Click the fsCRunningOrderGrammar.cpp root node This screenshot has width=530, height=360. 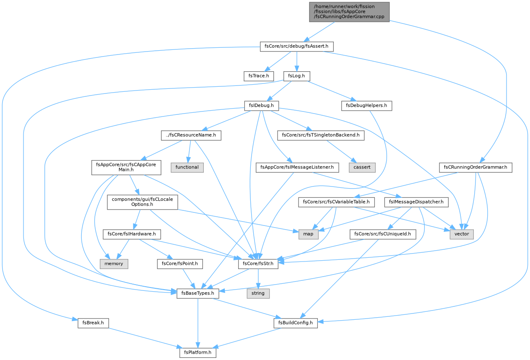[349, 12]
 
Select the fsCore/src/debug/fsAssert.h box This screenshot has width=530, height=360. [297, 47]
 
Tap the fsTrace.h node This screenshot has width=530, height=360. [259, 76]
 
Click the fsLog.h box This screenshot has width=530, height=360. [297, 76]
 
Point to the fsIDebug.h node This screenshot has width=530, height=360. [262, 106]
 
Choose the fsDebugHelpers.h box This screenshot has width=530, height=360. [366, 106]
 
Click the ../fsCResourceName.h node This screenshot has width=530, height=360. [191, 135]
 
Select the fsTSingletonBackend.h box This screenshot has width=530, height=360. [321, 135]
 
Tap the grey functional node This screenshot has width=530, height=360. [187, 168]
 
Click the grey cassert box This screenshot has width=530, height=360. [362, 168]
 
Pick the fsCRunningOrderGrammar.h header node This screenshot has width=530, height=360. [475, 168]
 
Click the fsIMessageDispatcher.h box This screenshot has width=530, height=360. [416, 202]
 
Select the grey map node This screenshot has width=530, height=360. [308, 234]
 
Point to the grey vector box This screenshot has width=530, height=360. [462, 234]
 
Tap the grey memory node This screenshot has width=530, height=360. [114, 264]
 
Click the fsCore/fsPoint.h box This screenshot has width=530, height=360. [180, 264]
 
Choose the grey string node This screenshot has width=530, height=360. [258, 293]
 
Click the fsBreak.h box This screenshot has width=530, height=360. [93, 323]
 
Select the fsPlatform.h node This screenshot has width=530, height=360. [198, 353]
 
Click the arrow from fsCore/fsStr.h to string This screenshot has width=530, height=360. [258, 279]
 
